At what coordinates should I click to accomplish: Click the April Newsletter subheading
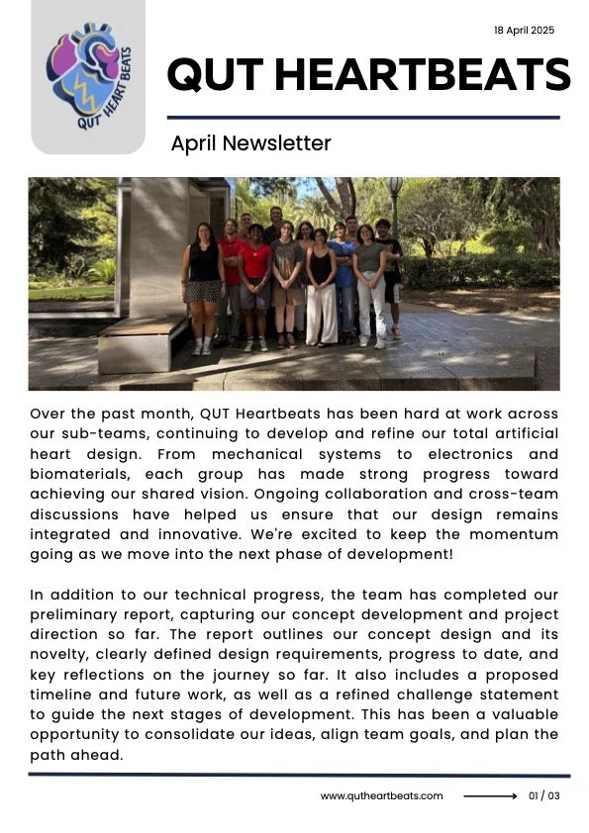250,143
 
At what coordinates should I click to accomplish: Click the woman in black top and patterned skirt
204,287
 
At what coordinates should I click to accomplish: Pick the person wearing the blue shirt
342,282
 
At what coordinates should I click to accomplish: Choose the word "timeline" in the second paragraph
63,694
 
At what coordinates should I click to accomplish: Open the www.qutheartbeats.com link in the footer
381,796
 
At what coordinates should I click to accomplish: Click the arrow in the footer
490,796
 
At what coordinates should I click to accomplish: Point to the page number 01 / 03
543,796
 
